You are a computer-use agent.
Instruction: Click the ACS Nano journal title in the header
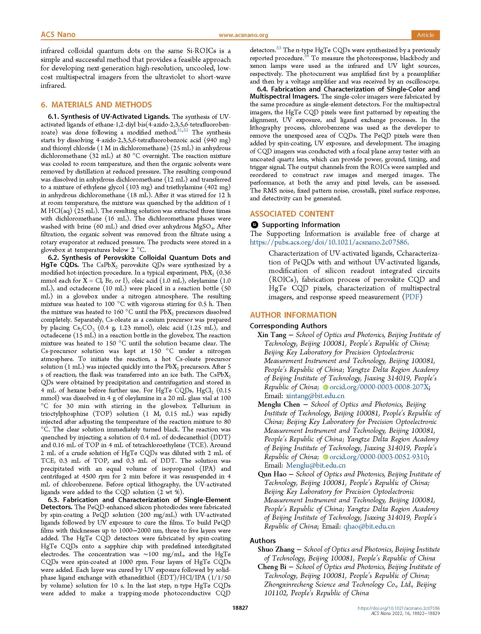coord(58,35)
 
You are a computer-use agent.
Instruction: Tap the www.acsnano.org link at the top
coord(243,35)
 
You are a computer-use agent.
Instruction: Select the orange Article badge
coord(425,35)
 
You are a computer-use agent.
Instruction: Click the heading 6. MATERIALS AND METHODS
coord(96,105)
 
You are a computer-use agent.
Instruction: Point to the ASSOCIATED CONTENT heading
coord(292,214)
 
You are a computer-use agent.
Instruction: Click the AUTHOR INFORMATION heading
coord(293,315)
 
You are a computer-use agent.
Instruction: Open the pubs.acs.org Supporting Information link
coord(329,242)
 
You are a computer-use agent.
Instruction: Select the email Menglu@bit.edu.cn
coord(316,465)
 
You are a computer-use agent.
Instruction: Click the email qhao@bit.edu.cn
coord(369,526)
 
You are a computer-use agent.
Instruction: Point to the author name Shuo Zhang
coord(276,549)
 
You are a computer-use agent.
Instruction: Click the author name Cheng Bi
coord(272,567)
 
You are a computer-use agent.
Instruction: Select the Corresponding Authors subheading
coord(288,326)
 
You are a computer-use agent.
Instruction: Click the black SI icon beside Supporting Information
coord(254,225)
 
